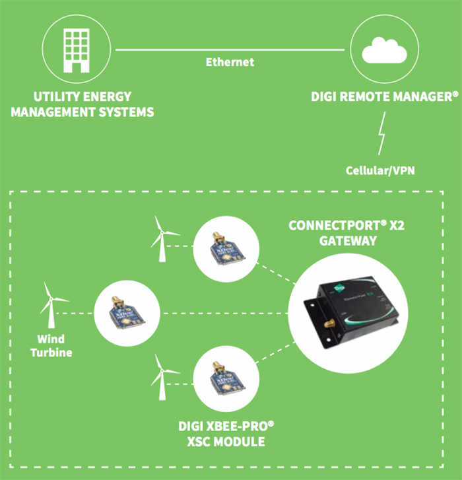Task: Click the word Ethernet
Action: (x=230, y=62)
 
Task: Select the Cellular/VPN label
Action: (x=381, y=170)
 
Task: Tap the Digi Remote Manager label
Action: (x=384, y=96)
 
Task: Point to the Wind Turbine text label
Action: (x=51, y=347)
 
